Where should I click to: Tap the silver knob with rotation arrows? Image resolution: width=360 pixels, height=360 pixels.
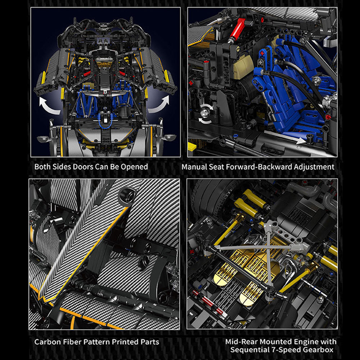(204, 113)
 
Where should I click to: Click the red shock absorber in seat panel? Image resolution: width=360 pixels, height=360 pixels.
(237, 29)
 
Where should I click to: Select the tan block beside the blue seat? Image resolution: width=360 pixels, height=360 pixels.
(243, 66)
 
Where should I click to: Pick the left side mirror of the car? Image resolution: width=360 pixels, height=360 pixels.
(43, 139)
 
